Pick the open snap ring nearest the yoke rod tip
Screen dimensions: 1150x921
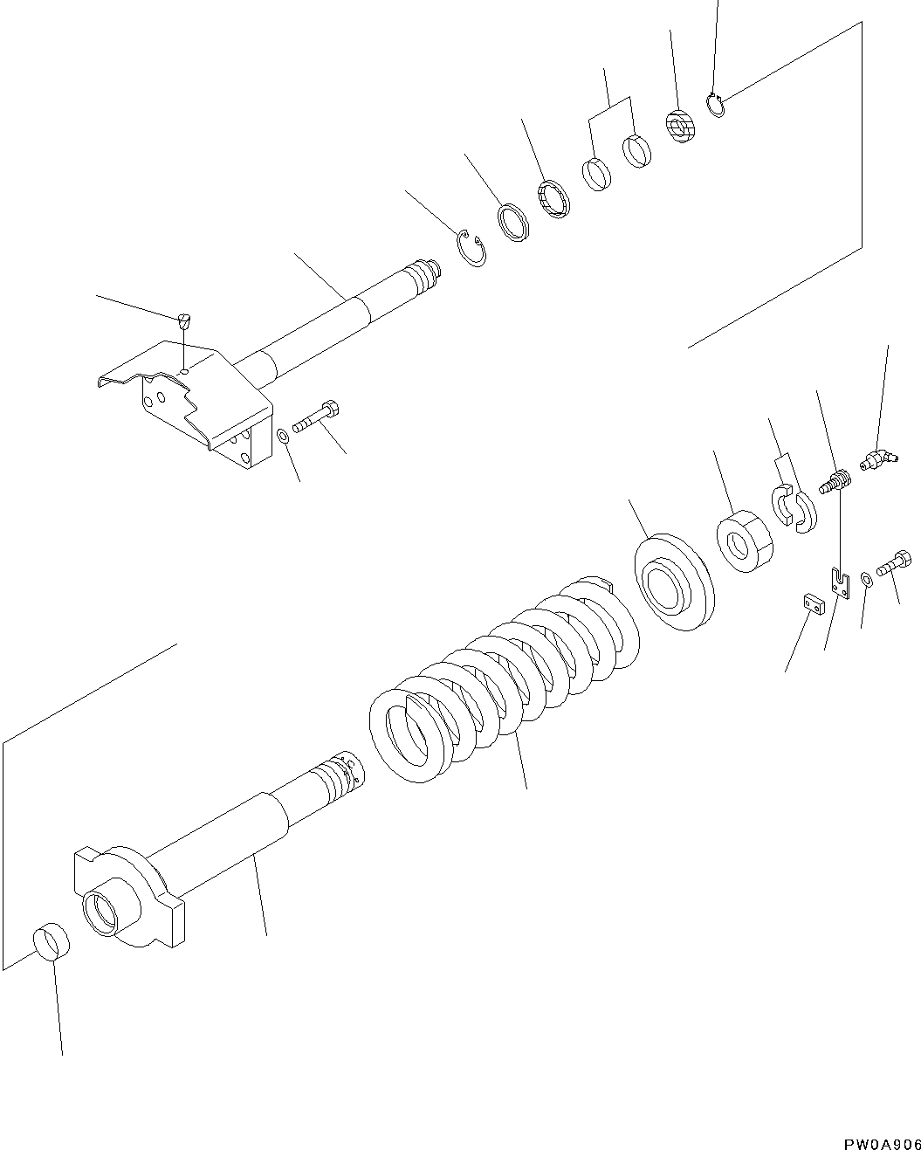click(x=472, y=251)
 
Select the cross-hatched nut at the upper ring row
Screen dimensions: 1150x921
click(x=680, y=127)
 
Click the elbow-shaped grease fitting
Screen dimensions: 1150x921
click(x=876, y=459)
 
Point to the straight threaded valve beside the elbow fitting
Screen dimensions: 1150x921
click(x=834, y=481)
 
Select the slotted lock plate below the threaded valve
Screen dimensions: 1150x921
click(x=841, y=582)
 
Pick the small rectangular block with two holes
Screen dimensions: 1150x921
click(x=812, y=603)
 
